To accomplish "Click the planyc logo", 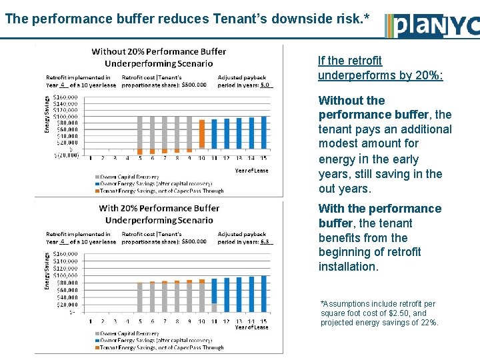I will pos(432,25).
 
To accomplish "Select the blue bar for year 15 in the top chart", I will pos(264,132).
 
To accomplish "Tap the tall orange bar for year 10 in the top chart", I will pos(201,138).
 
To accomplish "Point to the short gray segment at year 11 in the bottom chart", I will pos(214,307).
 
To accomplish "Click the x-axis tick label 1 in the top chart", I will pos(91,158).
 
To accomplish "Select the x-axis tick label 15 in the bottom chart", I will pos(264,321).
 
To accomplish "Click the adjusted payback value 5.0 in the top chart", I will pos(265,85).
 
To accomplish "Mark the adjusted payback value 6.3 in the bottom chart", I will pos(265,241).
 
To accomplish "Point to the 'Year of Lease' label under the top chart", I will pos(251,171).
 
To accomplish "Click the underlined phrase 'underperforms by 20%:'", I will pos(381,75).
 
